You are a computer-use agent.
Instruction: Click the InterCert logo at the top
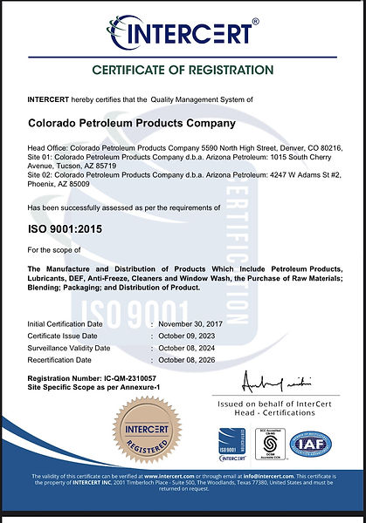click(x=183, y=33)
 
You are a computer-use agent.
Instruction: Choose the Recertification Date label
click(x=60, y=359)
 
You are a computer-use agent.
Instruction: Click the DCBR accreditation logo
click(x=272, y=445)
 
